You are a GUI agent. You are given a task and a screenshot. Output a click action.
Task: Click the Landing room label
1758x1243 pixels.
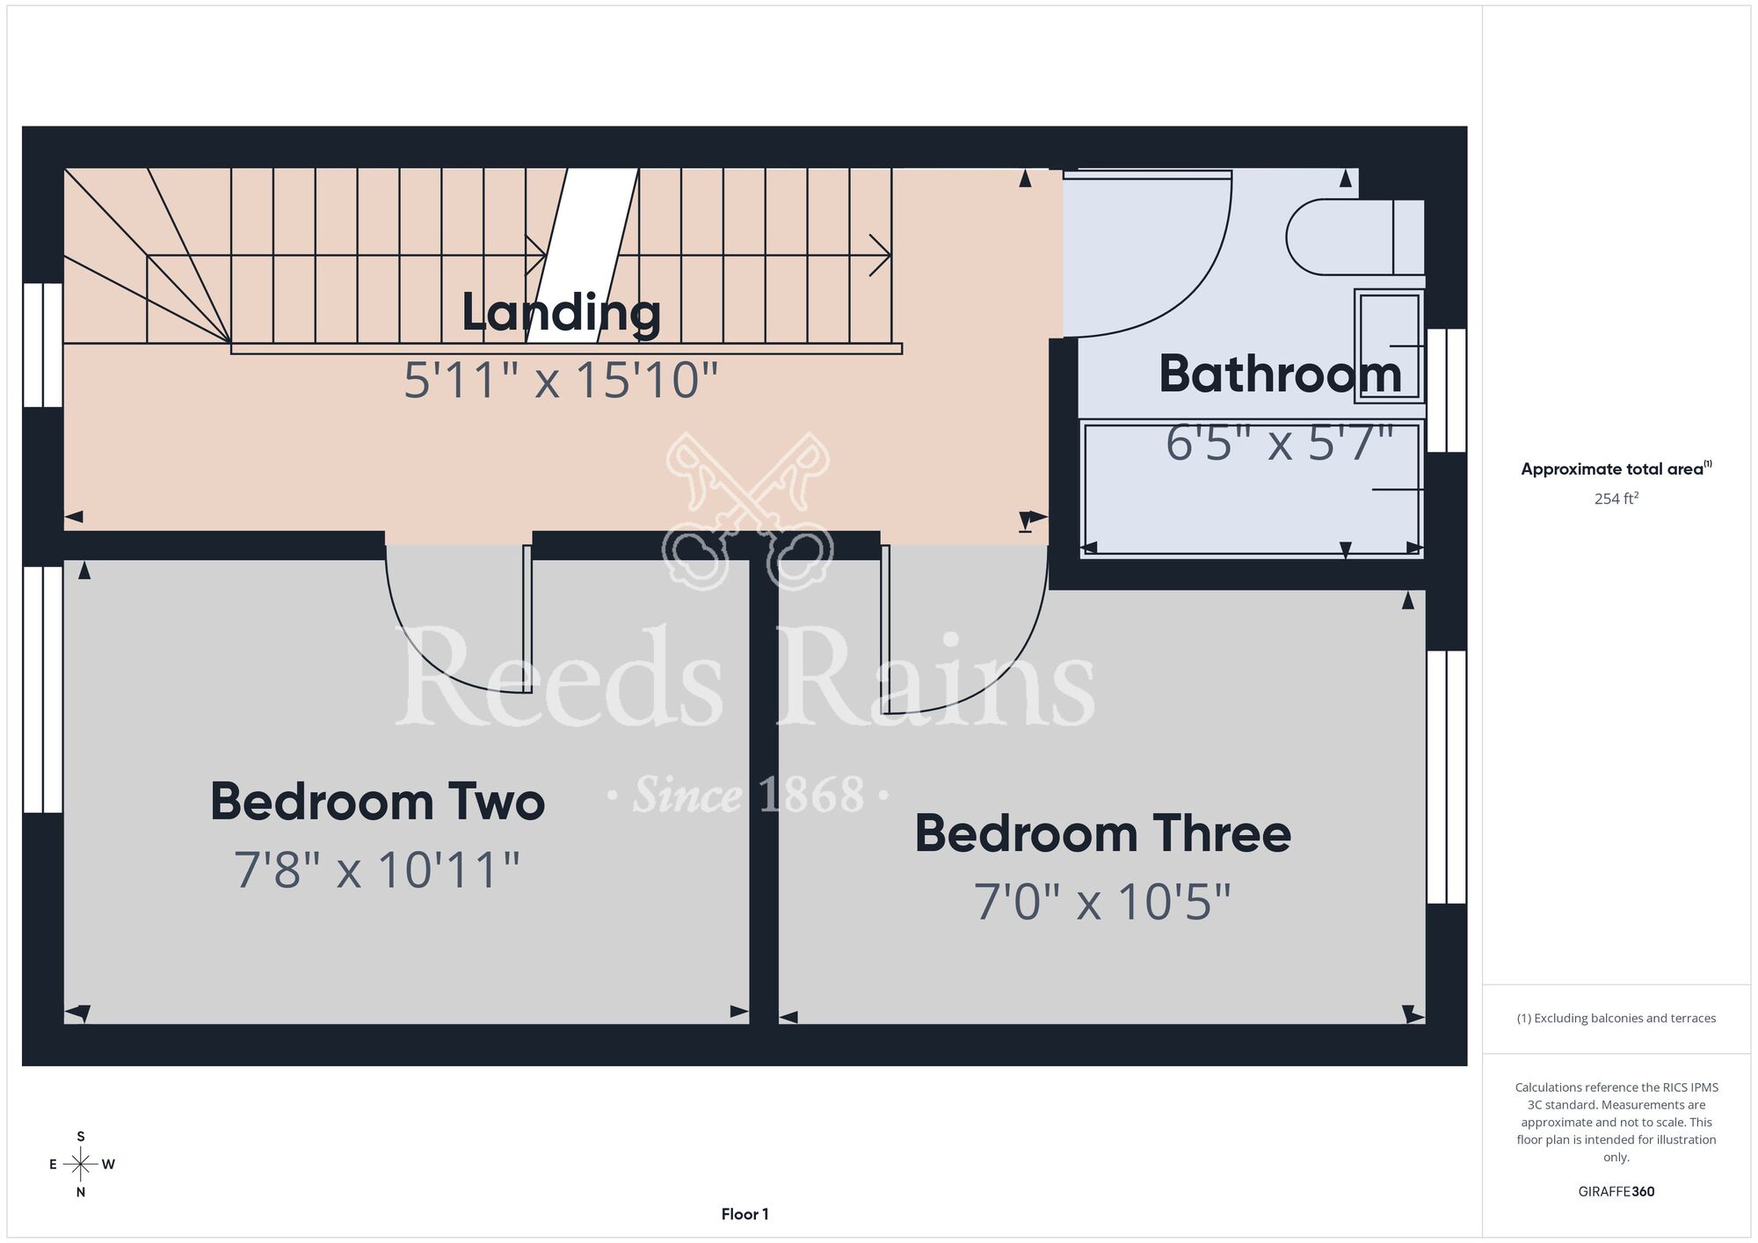point(561,314)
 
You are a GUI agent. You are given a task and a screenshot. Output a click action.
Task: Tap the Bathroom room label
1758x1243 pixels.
point(1280,374)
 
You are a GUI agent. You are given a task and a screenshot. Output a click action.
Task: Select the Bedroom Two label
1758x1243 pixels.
point(377,802)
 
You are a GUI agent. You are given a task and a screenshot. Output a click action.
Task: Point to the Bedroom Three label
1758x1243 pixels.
point(1103,833)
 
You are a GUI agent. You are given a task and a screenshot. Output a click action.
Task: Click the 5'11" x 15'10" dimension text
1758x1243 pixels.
point(561,381)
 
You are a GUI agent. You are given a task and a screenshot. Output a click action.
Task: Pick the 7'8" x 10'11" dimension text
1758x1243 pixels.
point(377,869)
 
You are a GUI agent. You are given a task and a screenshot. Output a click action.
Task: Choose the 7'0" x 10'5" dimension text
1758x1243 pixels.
point(1102,902)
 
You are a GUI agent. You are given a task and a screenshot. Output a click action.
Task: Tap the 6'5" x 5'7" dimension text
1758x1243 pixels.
point(1280,442)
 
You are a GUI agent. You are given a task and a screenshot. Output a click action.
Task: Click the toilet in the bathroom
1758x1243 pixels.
point(1355,236)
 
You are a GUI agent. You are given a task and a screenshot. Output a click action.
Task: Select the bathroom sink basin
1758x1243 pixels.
point(1389,345)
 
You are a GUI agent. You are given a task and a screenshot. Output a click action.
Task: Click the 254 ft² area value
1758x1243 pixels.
point(1616,498)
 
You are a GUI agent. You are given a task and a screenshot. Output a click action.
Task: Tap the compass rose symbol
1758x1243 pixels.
point(81,1165)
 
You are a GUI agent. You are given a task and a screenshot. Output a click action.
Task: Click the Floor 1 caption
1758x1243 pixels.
point(745,1214)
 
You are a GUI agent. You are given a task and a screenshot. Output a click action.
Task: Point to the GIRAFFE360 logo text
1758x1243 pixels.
point(1616,1192)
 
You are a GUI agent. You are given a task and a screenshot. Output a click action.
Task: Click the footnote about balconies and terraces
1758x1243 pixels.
point(1616,1018)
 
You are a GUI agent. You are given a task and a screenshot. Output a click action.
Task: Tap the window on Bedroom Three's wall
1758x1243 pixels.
point(1446,777)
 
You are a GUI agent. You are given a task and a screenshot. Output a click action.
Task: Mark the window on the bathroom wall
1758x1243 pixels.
point(1446,390)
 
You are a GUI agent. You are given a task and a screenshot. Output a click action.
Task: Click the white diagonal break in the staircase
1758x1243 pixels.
point(582,255)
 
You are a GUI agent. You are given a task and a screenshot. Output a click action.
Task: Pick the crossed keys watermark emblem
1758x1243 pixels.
point(747,510)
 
